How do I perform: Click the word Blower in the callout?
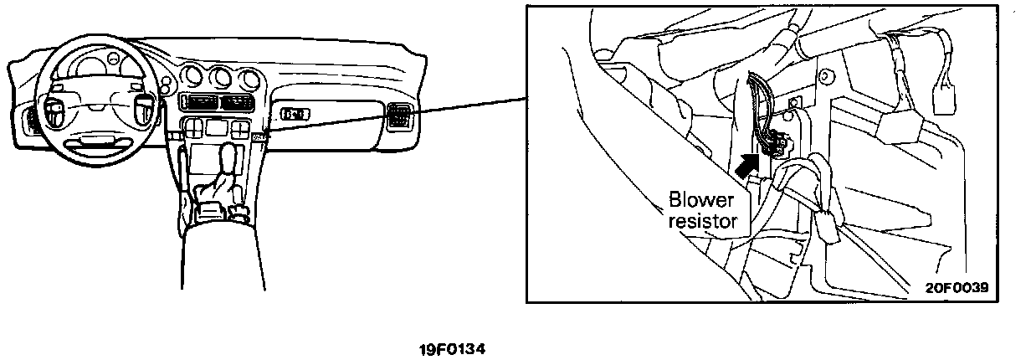pyautogui.click(x=701, y=201)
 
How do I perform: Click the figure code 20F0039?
pyautogui.click(x=957, y=286)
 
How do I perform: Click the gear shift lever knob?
pyautogui.click(x=227, y=159)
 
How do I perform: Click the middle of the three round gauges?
pyautogui.click(x=220, y=78)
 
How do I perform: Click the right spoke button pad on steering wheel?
pyautogui.click(x=144, y=106)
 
